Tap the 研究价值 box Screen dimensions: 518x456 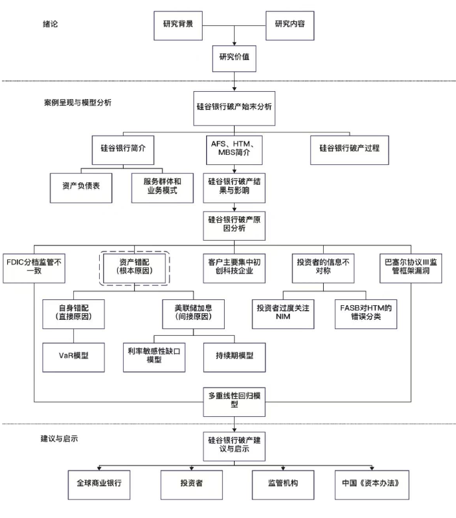tap(233, 57)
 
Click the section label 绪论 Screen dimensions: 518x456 tap(51, 24)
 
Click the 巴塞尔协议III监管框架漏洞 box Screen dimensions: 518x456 tap(416, 267)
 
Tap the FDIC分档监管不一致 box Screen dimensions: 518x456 tap(35, 267)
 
